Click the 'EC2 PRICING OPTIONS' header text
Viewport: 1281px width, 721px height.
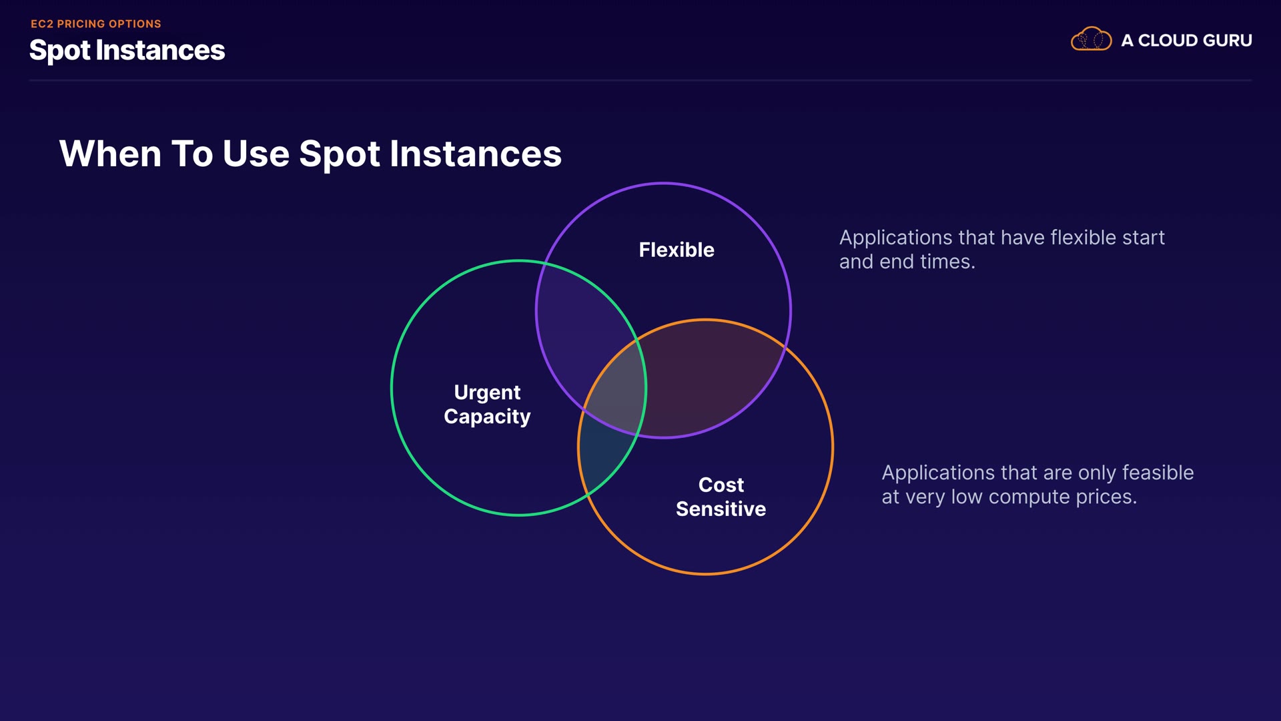pos(96,24)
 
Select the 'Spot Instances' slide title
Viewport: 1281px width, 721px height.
pos(127,51)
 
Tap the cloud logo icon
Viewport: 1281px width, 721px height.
pos(1091,39)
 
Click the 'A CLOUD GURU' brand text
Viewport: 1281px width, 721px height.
pos(1186,41)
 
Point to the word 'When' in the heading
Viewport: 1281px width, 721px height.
pos(110,154)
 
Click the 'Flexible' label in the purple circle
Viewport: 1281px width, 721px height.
pos(677,250)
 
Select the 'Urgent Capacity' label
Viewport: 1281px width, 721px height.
pos(487,405)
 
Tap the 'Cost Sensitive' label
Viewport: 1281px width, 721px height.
pos(721,497)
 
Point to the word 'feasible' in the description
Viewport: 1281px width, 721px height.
pos(1158,473)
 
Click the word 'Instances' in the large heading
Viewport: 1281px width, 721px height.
pos(475,154)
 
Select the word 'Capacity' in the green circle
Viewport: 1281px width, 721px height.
pos(487,417)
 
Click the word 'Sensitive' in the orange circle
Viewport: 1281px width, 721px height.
pos(721,509)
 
